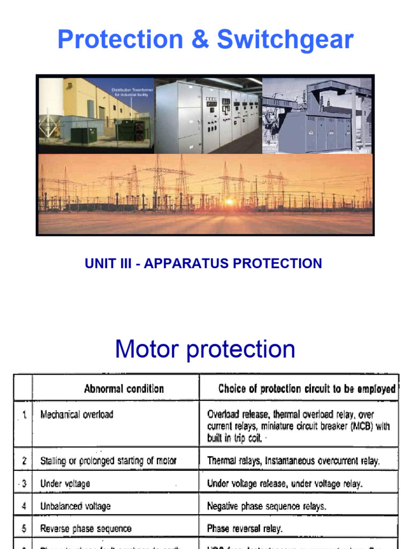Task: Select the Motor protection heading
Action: coord(205,349)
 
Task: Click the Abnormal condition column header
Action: coord(124,389)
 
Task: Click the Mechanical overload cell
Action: coord(77,414)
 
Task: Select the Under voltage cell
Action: coord(65,484)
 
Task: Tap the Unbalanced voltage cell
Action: coord(75,506)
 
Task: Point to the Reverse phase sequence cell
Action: coord(86,529)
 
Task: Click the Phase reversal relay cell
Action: coord(245,529)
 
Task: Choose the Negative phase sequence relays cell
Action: coord(267,506)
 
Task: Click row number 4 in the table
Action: coord(24,506)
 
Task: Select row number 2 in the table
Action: coord(24,461)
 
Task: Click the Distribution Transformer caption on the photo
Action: coord(132,92)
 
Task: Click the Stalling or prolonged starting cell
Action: coord(108,461)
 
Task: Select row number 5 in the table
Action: coord(24,529)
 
